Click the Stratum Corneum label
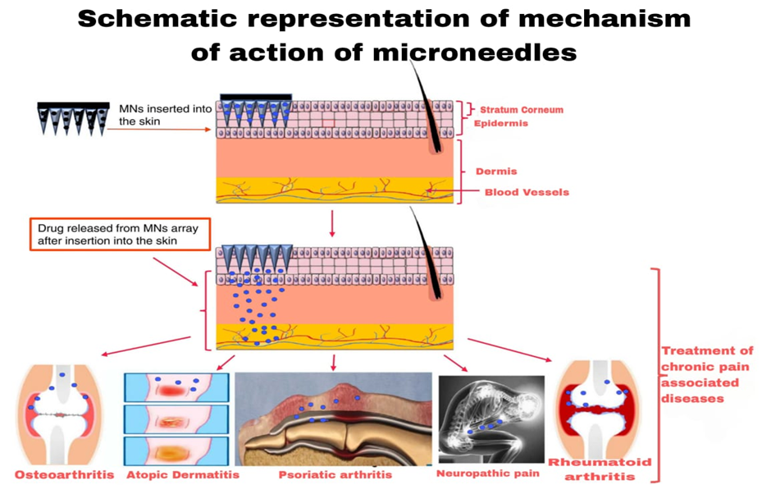[522, 110]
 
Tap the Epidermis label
[500, 123]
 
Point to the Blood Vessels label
[526, 193]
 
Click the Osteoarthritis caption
[64, 475]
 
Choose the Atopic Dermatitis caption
[182, 474]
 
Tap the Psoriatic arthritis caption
[335, 474]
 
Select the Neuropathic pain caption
[488, 473]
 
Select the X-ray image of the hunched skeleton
[490, 418]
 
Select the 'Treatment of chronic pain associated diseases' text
[707, 374]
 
